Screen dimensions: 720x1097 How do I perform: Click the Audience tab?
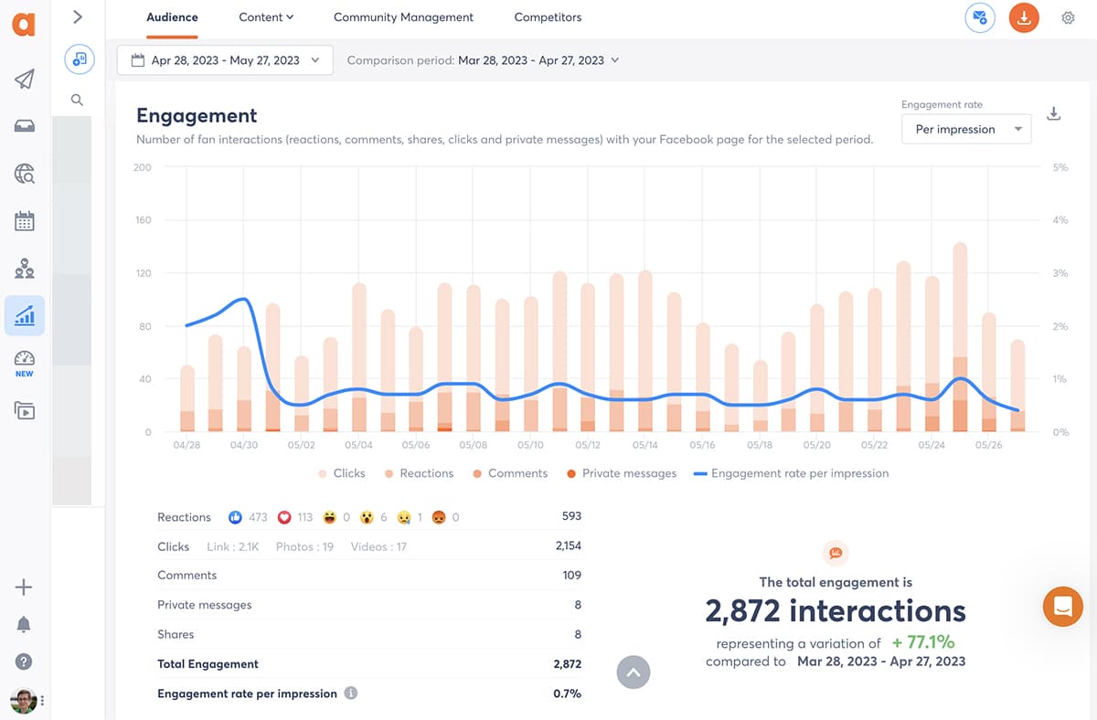pyautogui.click(x=172, y=17)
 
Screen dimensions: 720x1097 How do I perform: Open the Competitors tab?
pyautogui.click(x=548, y=17)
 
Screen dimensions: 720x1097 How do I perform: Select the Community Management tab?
pyautogui.click(x=403, y=17)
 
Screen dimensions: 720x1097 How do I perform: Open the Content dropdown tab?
pyautogui.click(x=266, y=17)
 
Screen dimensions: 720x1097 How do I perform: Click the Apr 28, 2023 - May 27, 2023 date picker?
pyautogui.click(x=225, y=60)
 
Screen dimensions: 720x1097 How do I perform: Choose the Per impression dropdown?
pyautogui.click(x=966, y=130)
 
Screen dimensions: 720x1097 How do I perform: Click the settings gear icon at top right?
pyautogui.click(x=1068, y=17)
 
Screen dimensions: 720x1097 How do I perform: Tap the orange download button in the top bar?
pyautogui.click(x=1024, y=17)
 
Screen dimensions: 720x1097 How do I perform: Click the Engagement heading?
pyautogui.click(x=197, y=116)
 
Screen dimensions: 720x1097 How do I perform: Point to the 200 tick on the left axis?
pyautogui.click(x=142, y=167)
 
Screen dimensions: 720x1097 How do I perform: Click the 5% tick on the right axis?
pyautogui.click(x=1060, y=167)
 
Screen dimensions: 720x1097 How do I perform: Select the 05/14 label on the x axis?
pyautogui.click(x=644, y=445)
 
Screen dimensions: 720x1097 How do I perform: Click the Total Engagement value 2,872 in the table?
pyautogui.click(x=567, y=664)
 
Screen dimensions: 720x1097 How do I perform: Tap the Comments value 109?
pyautogui.click(x=571, y=576)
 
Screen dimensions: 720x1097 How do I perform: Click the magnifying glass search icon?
pyautogui.click(x=77, y=101)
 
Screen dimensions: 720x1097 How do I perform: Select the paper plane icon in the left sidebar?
pyautogui.click(x=25, y=79)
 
